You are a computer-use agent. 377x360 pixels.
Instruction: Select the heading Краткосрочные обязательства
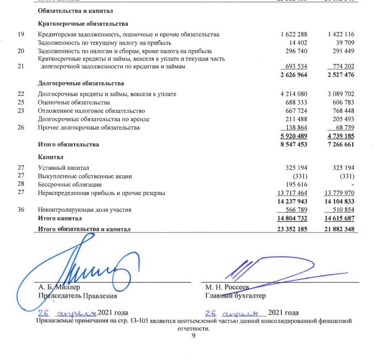(x=83, y=24)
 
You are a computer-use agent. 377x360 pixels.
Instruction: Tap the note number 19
(x=21, y=34)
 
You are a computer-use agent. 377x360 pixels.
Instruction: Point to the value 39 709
(x=343, y=42)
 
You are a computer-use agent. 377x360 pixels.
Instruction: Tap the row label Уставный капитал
(x=63, y=168)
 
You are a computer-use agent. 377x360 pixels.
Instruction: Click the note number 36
(x=21, y=209)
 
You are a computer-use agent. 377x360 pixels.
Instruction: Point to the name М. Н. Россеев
(x=227, y=287)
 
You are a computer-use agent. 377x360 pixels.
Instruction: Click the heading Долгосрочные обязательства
(x=81, y=83)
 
